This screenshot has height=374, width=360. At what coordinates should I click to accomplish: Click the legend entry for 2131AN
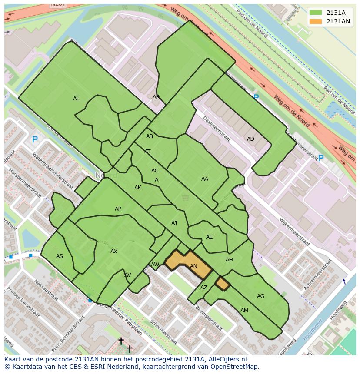[x=338, y=21]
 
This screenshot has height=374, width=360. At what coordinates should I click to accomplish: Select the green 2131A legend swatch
[x=316, y=13]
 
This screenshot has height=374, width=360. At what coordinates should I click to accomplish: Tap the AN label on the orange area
[x=193, y=266]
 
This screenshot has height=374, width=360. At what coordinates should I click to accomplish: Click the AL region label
[x=76, y=99]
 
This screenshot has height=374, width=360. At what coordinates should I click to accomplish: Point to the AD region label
[x=250, y=139]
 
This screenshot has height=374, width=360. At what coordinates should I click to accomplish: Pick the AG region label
[x=260, y=296]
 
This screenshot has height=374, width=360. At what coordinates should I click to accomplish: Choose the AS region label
[x=60, y=256]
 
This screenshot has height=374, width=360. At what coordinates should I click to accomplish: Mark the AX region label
[x=114, y=252]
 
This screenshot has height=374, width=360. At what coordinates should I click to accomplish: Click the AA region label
[x=204, y=179]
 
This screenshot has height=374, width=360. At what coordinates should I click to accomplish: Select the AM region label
[x=244, y=311]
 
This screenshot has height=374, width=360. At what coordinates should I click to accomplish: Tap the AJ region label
[x=174, y=223]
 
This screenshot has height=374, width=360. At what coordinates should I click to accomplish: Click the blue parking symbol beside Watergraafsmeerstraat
[x=35, y=140]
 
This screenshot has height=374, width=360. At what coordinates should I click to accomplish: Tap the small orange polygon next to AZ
[x=223, y=284]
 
